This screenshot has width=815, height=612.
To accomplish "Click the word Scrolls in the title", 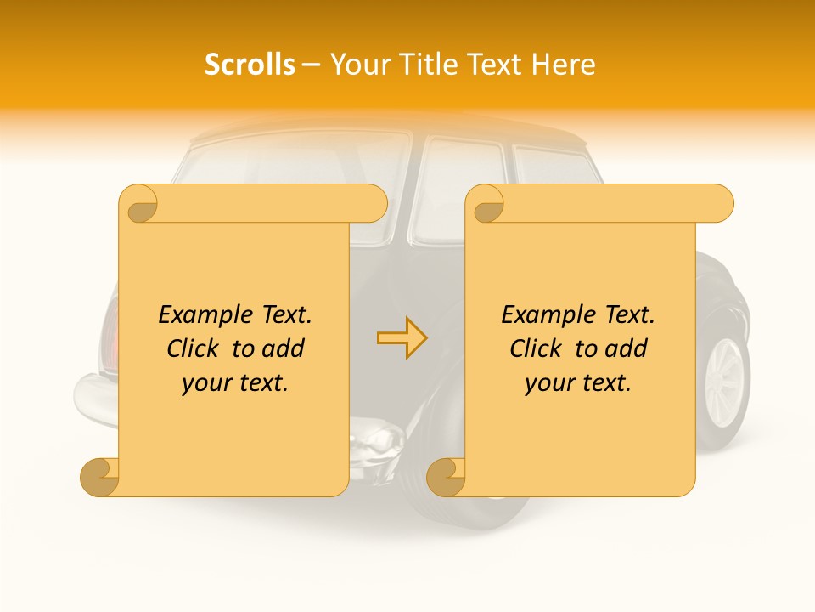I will (250, 65).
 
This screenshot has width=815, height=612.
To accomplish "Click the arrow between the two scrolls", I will (402, 337).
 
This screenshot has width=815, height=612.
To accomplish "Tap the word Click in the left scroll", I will (194, 348).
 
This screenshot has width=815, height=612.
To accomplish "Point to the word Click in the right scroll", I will (537, 348).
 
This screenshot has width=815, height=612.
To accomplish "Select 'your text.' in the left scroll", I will (235, 383).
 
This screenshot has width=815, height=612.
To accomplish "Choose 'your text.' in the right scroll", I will (578, 383).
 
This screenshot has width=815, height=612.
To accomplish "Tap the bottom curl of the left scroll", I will (100, 477).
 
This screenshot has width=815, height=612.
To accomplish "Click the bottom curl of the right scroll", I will (447, 477).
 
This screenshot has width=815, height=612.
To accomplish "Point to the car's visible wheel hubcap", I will (724, 382).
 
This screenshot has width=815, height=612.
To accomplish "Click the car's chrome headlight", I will (379, 440).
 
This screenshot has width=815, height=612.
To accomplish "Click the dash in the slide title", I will (312, 65).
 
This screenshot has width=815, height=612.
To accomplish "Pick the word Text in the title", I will (488, 65).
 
